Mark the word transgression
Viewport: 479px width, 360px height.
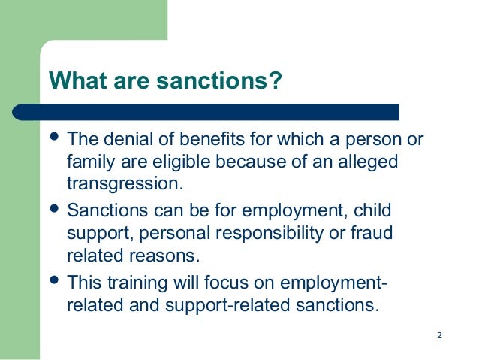pos(125,183)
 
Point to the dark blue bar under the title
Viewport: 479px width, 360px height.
pos(225,111)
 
